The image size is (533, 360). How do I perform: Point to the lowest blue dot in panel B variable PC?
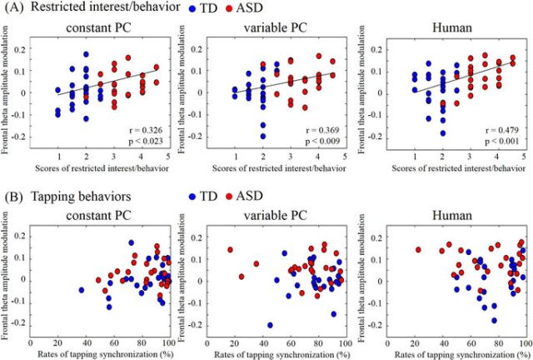(270, 325)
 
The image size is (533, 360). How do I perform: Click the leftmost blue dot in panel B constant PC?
(82, 290)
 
